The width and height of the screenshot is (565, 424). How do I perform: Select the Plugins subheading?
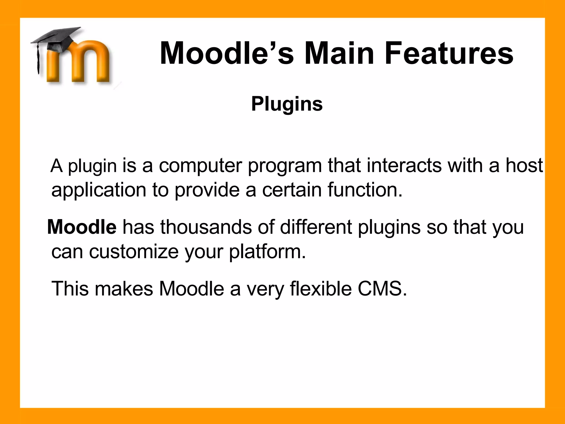point(287,104)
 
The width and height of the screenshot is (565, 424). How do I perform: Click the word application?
point(99,190)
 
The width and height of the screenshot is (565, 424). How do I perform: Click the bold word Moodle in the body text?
point(82,227)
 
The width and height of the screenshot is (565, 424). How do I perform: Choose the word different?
point(316,227)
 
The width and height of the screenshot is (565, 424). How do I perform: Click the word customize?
point(134,252)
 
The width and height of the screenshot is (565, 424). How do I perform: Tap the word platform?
point(267,252)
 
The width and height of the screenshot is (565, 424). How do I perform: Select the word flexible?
point(321,289)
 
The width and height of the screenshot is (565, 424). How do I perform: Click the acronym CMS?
point(382,289)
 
